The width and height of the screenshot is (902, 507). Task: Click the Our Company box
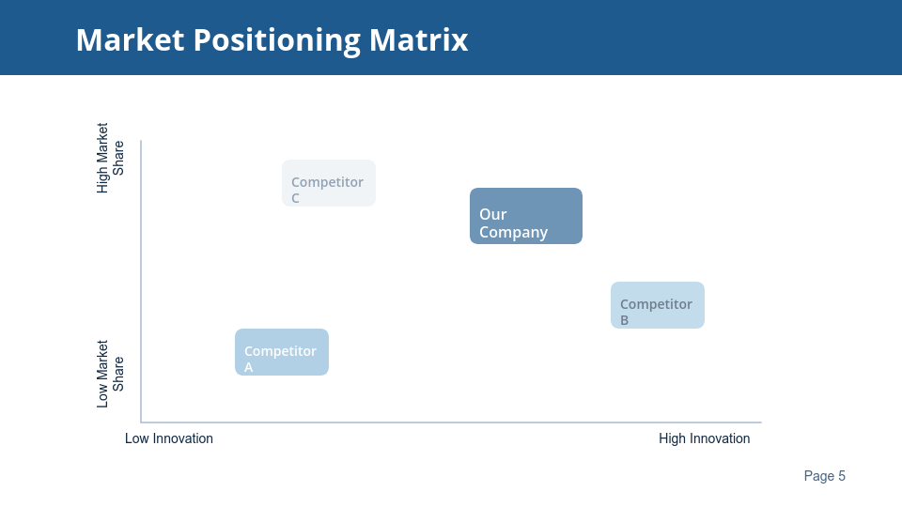point(526,216)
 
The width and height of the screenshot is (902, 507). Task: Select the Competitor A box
point(282,352)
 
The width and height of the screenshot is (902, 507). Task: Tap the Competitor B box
point(658,305)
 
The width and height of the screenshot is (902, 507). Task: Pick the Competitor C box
point(329,183)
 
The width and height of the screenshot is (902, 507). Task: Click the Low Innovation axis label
point(169,438)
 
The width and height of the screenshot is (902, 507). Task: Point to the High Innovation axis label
point(704,438)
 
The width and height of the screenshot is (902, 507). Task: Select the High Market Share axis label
point(110,158)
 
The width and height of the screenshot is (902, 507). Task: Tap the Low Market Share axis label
point(110,374)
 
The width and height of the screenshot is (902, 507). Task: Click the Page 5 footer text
point(824,476)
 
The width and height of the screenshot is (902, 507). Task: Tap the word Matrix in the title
point(418,40)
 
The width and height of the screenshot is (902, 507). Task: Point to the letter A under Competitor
point(249,367)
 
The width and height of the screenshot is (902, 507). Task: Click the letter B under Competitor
point(625,320)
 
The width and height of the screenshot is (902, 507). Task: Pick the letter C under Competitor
point(296,198)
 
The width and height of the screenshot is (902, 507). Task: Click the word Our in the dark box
point(492,214)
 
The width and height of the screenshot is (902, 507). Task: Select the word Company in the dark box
point(513,233)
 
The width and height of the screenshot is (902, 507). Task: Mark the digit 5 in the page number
point(841,476)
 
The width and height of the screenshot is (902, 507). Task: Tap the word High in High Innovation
point(673,438)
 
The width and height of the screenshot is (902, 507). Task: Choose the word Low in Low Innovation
point(137,438)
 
